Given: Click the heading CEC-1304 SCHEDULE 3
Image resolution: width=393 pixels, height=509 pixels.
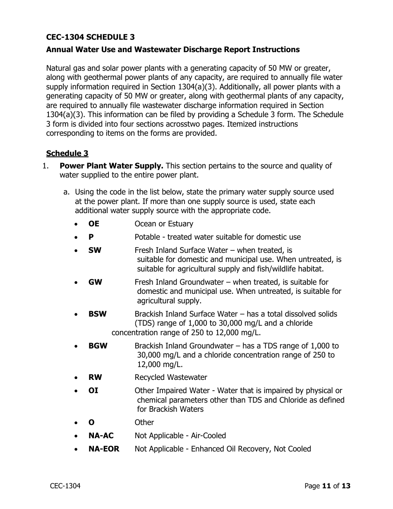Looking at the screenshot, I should [x=90, y=37].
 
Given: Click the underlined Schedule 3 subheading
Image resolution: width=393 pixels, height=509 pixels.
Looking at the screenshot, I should [x=67, y=154].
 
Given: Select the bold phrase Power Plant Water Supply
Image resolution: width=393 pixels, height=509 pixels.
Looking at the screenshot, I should [x=111, y=166].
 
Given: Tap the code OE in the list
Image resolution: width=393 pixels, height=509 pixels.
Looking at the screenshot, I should [x=94, y=224].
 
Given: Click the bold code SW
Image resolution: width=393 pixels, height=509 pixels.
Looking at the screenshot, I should [x=95, y=250].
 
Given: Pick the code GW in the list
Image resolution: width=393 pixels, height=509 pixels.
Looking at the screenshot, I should [x=95, y=282].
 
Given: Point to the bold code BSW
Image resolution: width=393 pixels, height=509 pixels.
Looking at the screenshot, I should [x=97, y=314].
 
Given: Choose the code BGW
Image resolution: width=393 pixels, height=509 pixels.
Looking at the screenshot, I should [x=98, y=346].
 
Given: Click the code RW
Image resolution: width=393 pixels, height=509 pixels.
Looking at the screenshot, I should [x=95, y=377].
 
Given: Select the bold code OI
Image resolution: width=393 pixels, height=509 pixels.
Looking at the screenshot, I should [x=93, y=391].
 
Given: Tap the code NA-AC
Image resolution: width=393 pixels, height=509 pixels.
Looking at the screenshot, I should [x=101, y=436].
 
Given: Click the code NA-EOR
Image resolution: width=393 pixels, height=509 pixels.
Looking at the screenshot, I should [x=104, y=449].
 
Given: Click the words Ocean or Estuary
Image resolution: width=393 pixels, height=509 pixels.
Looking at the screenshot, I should [x=164, y=224].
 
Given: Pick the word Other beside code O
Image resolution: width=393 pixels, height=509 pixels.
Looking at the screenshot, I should [x=144, y=423].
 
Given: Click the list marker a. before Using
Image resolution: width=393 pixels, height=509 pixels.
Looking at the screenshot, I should [x=66, y=192].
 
